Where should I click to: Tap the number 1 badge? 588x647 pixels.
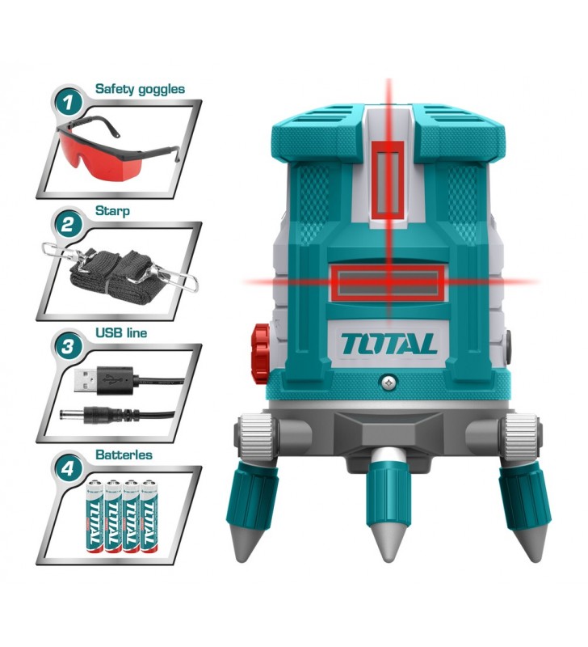[x=68, y=103]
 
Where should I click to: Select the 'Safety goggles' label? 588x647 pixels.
[x=140, y=89]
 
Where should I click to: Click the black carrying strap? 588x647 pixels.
[x=119, y=272]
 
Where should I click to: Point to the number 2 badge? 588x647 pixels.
[x=68, y=225]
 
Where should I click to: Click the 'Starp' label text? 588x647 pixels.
[x=112, y=211]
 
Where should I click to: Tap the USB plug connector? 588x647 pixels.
[x=103, y=379]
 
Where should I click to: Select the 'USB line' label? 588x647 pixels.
[x=121, y=332]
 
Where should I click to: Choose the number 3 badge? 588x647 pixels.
[x=68, y=347]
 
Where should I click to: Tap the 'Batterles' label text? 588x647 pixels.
[x=124, y=455]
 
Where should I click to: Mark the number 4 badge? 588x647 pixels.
[x=68, y=468]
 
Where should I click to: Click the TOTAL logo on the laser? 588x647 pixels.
[x=388, y=344]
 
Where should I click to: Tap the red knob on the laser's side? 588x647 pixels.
[x=260, y=353]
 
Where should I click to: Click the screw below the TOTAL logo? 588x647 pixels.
[x=388, y=383]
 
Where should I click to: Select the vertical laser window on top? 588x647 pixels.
[x=388, y=180]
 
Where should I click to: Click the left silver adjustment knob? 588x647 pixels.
[x=256, y=434]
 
